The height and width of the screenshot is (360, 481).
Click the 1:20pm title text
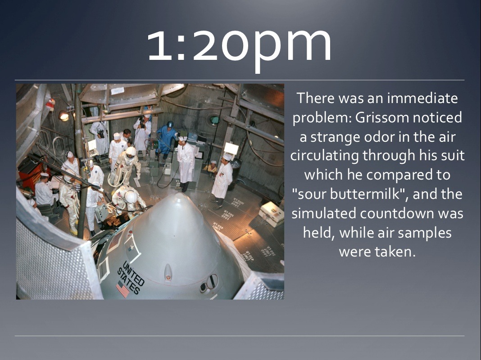[x=240, y=46]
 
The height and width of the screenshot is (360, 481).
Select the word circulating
[x=325, y=156]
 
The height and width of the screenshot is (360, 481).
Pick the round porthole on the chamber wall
[x=214, y=120]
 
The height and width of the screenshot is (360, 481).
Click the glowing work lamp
[x=64, y=116]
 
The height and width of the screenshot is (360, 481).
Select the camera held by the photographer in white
[x=142, y=122]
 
